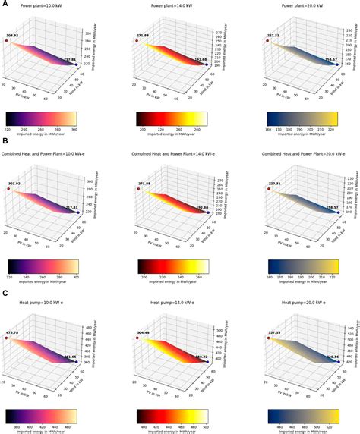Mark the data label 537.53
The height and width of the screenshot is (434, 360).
tap(273, 331)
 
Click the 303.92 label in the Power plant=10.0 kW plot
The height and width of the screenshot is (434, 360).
tap(12, 35)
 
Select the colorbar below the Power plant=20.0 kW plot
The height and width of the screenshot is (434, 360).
tap(305, 118)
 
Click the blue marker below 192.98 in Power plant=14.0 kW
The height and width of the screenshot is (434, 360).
tap(207, 65)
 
